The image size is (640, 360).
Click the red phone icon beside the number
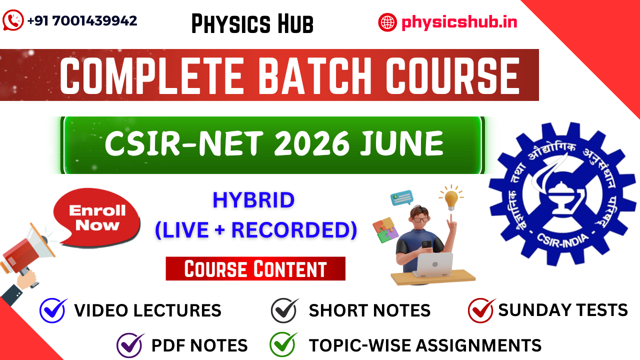tap(13, 21)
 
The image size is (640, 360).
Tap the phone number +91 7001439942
tap(82, 21)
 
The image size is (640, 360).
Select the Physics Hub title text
tap(252, 24)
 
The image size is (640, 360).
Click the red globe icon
tap(387, 22)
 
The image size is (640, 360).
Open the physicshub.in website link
tap(459, 22)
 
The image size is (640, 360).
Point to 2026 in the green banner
tap(312, 144)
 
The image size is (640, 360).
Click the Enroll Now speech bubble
tap(97, 218)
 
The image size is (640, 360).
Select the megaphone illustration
tap(27, 255)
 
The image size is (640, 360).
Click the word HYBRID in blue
tap(253, 200)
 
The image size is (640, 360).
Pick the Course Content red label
tap(255, 269)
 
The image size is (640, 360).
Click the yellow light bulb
tap(451, 199)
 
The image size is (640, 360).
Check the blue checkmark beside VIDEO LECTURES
tap(53, 310)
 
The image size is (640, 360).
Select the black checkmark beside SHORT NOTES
tap(284, 310)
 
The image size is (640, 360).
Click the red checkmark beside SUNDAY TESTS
tap(481, 310)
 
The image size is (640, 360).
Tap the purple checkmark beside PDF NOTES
tap(130, 345)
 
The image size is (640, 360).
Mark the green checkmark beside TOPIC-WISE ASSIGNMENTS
tap(283, 344)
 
